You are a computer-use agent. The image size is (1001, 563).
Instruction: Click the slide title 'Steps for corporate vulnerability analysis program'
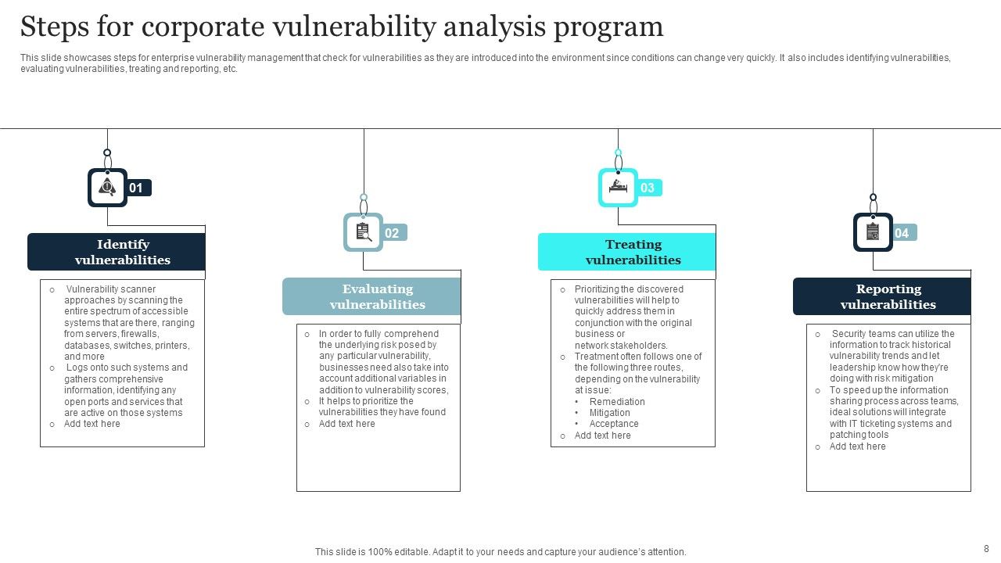pos(342,27)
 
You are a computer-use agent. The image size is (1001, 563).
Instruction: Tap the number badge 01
pos(137,188)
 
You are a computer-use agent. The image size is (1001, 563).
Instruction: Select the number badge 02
pos(393,233)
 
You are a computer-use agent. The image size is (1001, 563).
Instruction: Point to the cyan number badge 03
pos(648,188)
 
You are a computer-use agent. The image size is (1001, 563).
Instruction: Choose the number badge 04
pos(902,233)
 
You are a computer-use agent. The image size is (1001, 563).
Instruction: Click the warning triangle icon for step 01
pos(107,188)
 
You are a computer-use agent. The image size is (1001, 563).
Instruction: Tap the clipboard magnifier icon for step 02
pos(364,232)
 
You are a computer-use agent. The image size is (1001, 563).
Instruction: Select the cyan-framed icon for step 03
pos(619,188)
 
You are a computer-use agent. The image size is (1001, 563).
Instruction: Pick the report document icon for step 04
pos(873,232)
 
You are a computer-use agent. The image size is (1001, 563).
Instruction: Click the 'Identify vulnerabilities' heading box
pos(117,252)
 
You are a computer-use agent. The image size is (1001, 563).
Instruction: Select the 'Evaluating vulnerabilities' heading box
pos(371,296)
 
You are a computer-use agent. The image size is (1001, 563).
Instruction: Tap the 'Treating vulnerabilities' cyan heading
pos(627,252)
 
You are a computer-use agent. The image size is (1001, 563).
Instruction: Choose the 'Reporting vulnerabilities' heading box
pos(882,296)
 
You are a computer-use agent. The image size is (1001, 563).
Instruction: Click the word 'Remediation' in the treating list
pos(617,402)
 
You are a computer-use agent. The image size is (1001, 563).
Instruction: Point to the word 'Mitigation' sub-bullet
pos(609,413)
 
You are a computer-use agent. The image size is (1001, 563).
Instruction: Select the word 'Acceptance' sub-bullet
pos(614,424)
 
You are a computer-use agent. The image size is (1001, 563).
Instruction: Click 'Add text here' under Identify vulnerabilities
pos(92,424)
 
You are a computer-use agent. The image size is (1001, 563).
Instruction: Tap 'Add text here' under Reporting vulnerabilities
pos(857,446)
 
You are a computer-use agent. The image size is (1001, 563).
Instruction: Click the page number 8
pos(986,549)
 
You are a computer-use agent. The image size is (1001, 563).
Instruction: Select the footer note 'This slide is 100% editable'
pos(500,552)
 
